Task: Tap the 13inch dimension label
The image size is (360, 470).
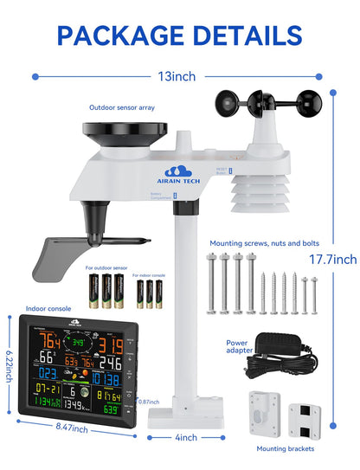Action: click(180, 76)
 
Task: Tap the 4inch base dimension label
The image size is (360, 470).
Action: click(186, 438)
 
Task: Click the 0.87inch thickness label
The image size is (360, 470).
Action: click(149, 402)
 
